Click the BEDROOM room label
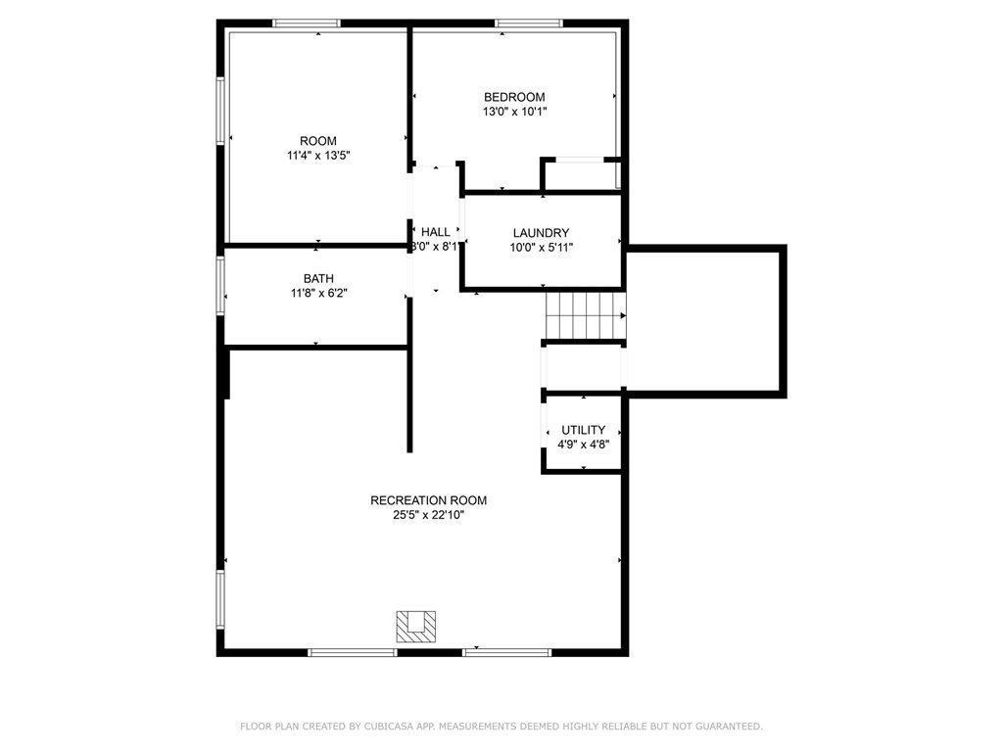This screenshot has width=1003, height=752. pyautogui.click(x=514, y=97)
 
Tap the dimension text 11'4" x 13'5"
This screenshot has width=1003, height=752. pyautogui.click(x=318, y=156)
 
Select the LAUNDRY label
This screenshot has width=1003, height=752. pyautogui.click(x=541, y=233)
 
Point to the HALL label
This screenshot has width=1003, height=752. pyautogui.click(x=436, y=232)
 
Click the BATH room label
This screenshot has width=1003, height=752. pyautogui.click(x=318, y=279)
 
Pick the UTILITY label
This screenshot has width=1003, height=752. pyautogui.click(x=583, y=430)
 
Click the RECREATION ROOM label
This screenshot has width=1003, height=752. pyautogui.click(x=429, y=500)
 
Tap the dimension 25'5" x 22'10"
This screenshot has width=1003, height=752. pyautogui.click(x=429, y=515)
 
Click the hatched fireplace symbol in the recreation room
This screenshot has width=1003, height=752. pyautogui.click(x=415, y=627)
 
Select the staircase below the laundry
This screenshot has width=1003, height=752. pyautogui.click(x=585, y=315)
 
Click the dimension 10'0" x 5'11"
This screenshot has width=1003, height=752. pyautogui.click(x=541, y=248)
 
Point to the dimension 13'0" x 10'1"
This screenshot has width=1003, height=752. pyautogui.click(x=514, y=112)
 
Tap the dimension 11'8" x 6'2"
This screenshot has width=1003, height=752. pyautogui.click(x=318, y=294)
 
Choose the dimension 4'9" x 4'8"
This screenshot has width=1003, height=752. pyautogui.click(x=583, y=445)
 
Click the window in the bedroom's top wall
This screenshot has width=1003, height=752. pyautogui.click(x=529, y=23)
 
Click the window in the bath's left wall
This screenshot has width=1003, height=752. pyautogui.click(x=220, y=285)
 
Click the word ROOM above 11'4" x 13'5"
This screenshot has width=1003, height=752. pyautogui.click(x=318, y=141)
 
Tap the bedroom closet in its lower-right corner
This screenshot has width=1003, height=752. pyautogui.click(x=581, y=174)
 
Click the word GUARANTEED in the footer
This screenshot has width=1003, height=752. pyautogui.click(x=728, y=727)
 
